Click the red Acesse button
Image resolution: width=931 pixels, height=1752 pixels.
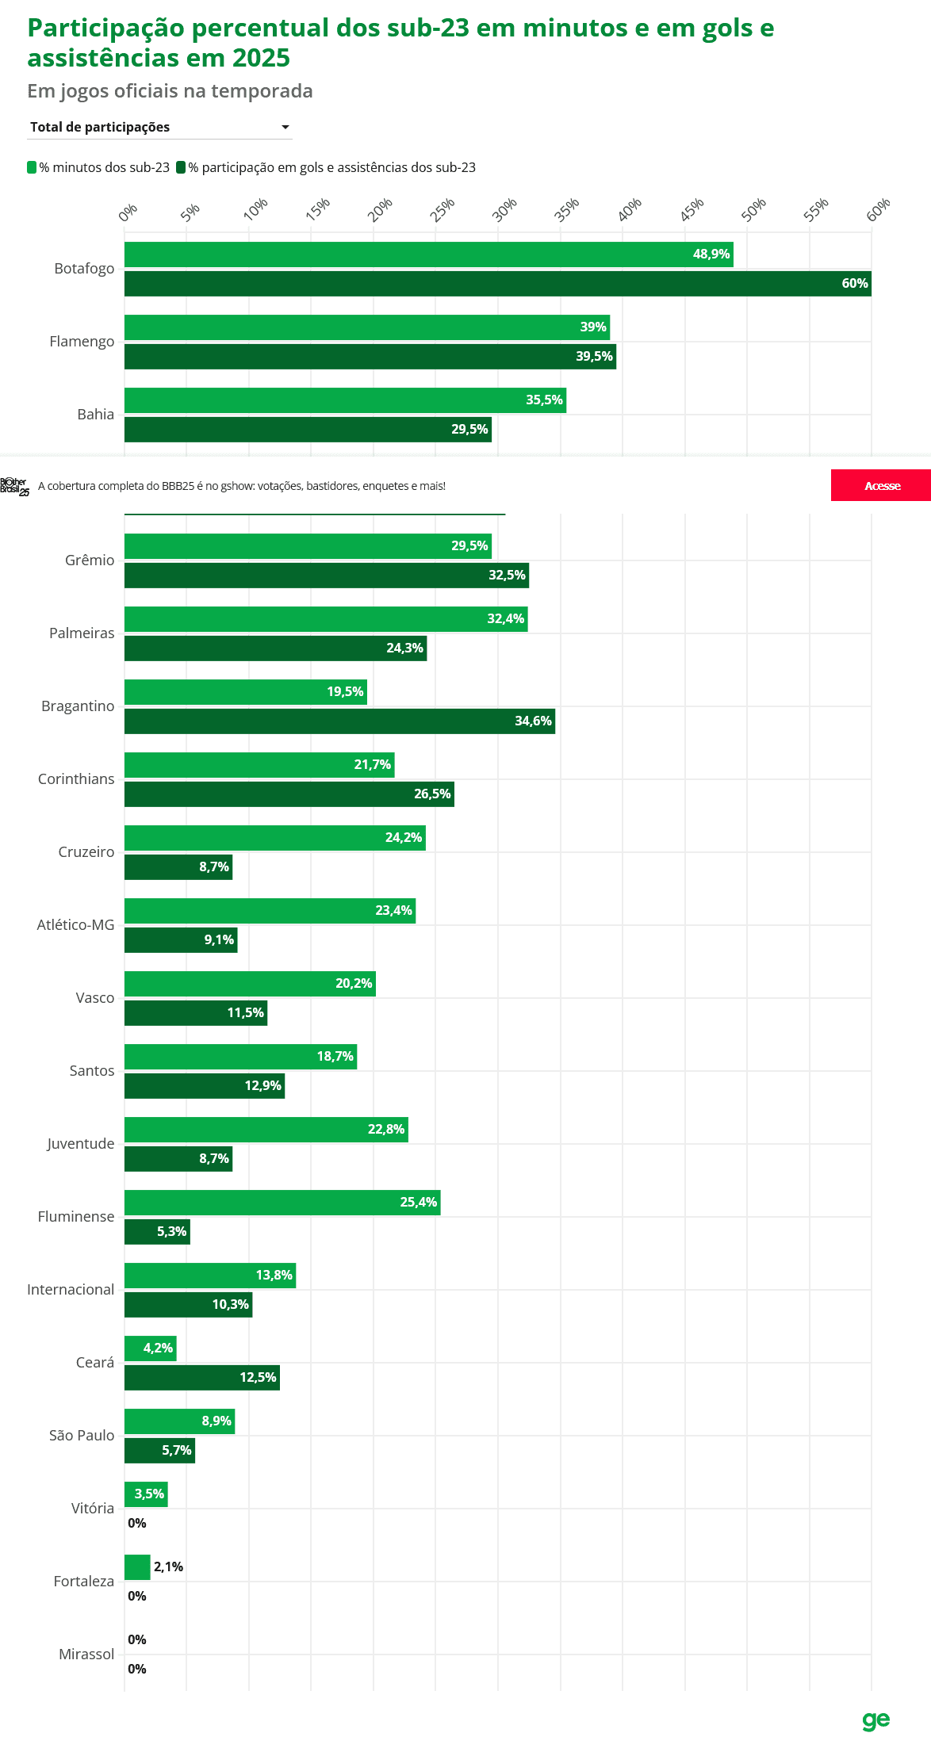(881, 485)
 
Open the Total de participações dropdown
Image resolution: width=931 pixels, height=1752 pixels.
(159, 127)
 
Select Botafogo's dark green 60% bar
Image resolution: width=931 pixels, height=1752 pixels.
(498, 284)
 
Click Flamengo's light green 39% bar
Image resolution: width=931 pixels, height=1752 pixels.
(367, 327)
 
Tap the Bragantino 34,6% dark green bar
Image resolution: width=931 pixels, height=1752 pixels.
(339, 721)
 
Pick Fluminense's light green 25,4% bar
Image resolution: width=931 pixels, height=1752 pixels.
(282, 1203)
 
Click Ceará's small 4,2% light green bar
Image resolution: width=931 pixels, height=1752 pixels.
(151, 1348)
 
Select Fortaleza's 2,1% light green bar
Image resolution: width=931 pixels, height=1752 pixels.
(137, 1567)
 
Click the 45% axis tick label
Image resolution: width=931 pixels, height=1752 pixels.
(691, 209)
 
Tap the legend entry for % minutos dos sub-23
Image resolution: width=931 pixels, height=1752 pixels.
(98, 167)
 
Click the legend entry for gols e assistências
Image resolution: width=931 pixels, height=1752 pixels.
(326, 167)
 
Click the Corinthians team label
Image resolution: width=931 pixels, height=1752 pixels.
(76, 779)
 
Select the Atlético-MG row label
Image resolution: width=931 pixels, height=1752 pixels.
(75, 925)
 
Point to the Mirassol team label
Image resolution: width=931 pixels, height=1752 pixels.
(86, 1654)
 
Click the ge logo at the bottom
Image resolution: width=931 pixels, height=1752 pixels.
(876, 1720)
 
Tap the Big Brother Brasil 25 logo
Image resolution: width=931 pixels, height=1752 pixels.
(14, 487)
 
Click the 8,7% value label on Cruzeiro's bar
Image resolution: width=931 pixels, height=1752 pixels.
(214, 867)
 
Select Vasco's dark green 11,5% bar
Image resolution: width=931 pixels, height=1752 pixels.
(196, 1013)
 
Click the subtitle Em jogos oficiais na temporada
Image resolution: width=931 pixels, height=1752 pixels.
(170, 91)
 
